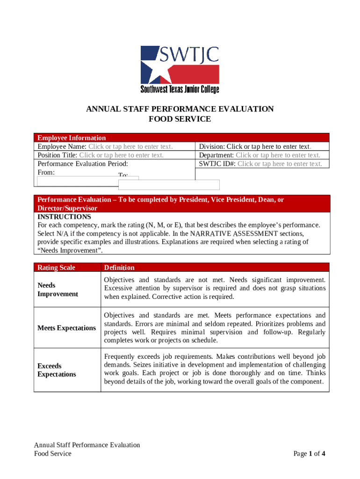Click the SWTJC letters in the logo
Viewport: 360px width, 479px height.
point(189,55)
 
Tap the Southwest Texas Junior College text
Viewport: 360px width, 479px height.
point(180,89)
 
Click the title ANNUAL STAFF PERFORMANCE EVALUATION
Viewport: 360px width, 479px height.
point(180,109)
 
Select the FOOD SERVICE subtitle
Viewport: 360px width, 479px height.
point(180,119)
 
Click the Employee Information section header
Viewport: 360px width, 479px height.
point(72,138)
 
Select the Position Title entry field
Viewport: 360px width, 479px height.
point(121,155)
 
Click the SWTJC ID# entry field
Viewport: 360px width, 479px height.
point(280,164)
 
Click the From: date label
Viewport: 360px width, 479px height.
point(46,172)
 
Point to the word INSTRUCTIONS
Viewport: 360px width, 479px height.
point(64,217)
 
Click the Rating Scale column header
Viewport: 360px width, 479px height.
point(56,268)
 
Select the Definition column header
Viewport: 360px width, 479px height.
point(119,268)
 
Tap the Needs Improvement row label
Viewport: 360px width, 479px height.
point(51,290)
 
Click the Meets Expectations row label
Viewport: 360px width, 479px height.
point(66,328)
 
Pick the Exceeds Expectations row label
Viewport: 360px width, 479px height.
point(57,370)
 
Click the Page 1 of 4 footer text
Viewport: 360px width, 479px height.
point(309,453)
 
